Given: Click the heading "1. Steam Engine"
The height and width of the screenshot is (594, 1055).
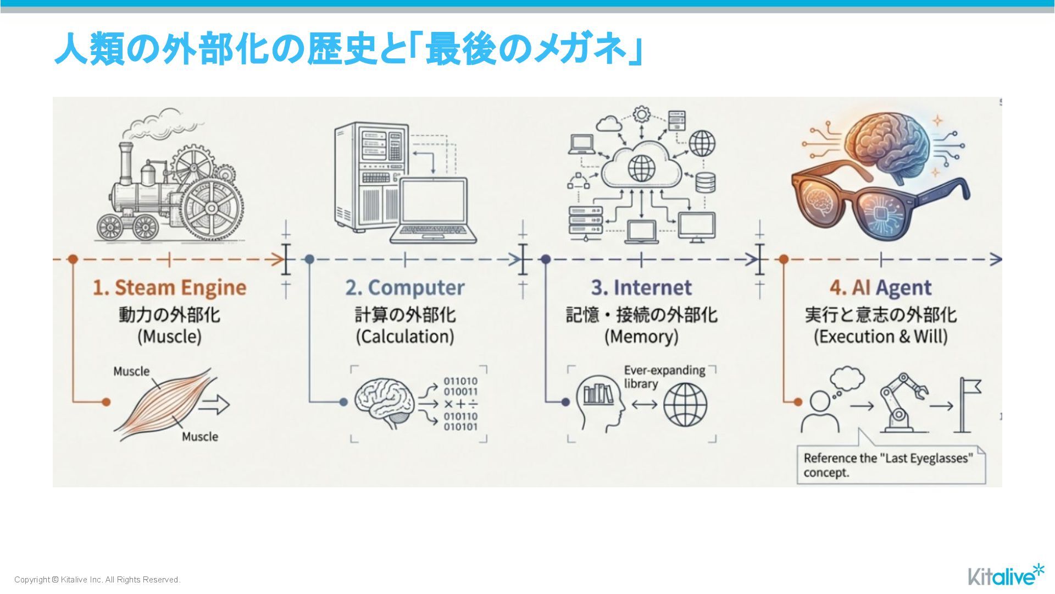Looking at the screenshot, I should click(x=169, y=288).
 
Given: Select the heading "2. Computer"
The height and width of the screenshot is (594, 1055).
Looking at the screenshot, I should click(x=405, y=288).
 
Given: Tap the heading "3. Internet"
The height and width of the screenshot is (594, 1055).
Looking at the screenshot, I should click(x=641, y=288).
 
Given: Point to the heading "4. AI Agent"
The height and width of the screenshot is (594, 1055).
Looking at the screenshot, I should click(x=880, y=288).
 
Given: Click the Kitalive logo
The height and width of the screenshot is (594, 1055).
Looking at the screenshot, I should click(x=1005, y=576).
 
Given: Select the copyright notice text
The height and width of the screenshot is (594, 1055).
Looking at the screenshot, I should click(x=97, y=580).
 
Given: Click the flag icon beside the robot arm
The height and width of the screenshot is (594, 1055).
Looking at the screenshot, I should click(x=969, y=404).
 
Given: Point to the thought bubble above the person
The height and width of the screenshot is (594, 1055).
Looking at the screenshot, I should click(x=847, y=378).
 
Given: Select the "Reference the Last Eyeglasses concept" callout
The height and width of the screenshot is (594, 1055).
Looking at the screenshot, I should click(x=890, y=465).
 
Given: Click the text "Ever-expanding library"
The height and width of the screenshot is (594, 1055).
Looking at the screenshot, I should click(x=664, y=377).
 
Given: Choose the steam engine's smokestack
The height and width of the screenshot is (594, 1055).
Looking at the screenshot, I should click(x=126, y=162).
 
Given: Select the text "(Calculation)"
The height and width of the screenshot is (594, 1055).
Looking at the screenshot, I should click(x=405, y=337).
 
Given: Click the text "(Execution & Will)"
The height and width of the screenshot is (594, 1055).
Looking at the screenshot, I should click(x=880, y=337).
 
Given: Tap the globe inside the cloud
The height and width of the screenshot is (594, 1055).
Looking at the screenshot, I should click(x=641, y=168).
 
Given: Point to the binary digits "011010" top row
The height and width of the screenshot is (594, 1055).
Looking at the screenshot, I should click(x=460, y=381).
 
